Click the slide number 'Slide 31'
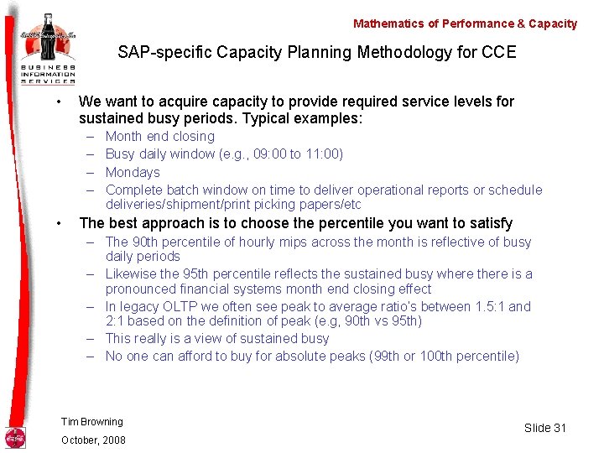[x=545, y=428]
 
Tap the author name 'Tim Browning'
[x=92, y=421]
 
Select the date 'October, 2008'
[x=93, y=440]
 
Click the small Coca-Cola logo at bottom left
[x=15, y=437]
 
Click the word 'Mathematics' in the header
[x=387, y=23]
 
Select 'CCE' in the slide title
[x=499, y=53]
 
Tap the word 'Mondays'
[x=133, y=172]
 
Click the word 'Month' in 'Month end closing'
[x=123, y=136]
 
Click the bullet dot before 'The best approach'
[x=57, y=223]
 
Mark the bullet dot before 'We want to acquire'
[x=57, y=102]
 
